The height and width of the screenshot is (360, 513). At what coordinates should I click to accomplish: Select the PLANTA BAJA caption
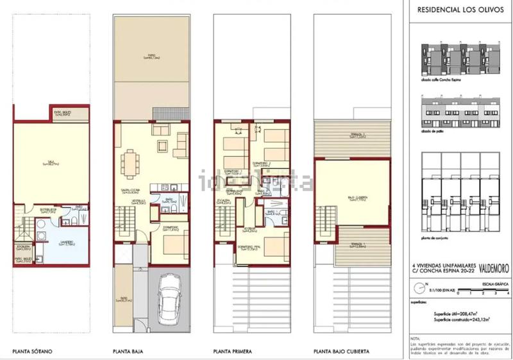point(126,351)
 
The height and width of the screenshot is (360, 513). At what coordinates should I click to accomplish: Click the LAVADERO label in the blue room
point(49,243)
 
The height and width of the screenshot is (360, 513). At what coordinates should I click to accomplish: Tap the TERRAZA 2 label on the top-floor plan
point(351,135)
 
